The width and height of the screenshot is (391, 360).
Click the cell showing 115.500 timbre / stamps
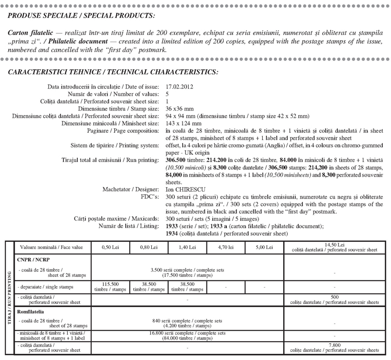point(110,287)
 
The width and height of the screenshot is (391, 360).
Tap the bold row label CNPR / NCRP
point(32,259)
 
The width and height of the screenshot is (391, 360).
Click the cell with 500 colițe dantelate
point(336,300)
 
